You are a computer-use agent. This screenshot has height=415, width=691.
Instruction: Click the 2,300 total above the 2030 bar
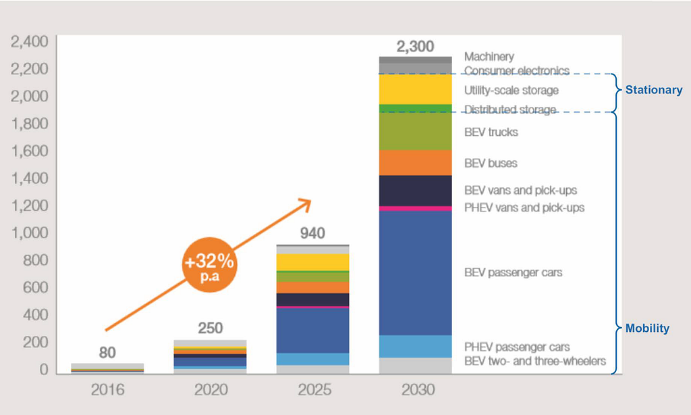click(x=415, y=47)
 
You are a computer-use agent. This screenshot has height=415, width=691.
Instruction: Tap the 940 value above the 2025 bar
click(x=312, y=233)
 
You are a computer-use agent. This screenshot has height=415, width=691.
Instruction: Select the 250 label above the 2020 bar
click(x=211, y=328)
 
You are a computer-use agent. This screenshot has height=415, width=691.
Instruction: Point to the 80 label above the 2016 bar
click(x=107, y=352)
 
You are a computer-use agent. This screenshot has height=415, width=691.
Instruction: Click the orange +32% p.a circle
click(x=210, y=265)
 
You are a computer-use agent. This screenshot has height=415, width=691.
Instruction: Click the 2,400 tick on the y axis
click(x=30, y=41)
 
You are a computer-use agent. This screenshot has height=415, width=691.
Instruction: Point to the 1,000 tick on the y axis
click(x=30, y=233)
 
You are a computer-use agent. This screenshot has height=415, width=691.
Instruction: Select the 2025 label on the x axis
click(x=314, y=389)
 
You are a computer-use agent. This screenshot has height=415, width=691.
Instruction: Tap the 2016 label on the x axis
click(x=107, y=389)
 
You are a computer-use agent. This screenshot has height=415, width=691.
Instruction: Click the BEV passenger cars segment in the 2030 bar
click(x=416, y=273)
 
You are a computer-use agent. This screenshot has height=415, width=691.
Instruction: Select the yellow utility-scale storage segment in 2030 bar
click(x=416, y=89)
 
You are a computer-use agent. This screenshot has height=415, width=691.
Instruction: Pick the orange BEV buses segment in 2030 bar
click(x=416, y=162)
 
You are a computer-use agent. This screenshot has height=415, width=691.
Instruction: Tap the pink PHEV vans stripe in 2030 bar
click(x=416, y=208)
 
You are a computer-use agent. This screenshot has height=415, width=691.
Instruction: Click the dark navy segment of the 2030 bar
click(x=416, y=191)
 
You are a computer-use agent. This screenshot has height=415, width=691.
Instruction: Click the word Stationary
click(x=654, y=90)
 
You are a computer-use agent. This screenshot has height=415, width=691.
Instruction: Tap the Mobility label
click(x=647, y=328)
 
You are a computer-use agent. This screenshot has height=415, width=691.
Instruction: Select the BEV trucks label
click(x=491, y=132)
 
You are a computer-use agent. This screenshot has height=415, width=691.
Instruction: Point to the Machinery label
click(x=489, y=57)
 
